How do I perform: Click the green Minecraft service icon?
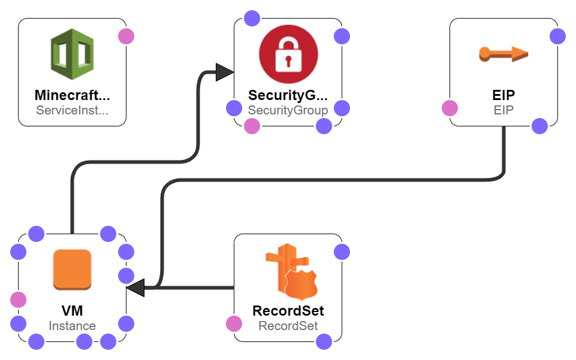pos(73,55)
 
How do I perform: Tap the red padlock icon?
pos(288,55)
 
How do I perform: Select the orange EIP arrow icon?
pos(503,55)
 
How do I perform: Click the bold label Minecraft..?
pos(73,95)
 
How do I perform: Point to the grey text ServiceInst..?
pos(73,110)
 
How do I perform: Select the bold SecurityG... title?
pos(288,95)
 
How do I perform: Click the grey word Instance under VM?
pos(72,326)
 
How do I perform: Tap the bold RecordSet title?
pos(288,311)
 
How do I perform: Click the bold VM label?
pos(72,311)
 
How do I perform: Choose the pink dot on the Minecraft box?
pos(126,36)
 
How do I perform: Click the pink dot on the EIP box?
pos(450,108)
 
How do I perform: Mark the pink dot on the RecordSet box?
pos(234,324)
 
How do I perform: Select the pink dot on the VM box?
pos(18,300)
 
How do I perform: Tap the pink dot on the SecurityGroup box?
pos(252,126)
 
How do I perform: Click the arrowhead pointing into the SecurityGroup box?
pos(225,72)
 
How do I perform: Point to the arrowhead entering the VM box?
pos(135,288)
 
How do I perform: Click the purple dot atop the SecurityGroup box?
pos(252,18)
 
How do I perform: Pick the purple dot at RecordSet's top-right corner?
pos(342,252)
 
